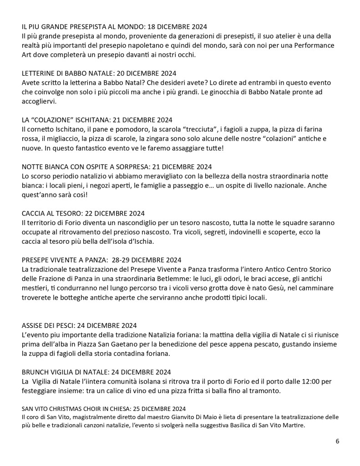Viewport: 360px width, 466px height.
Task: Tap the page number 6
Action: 337,441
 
